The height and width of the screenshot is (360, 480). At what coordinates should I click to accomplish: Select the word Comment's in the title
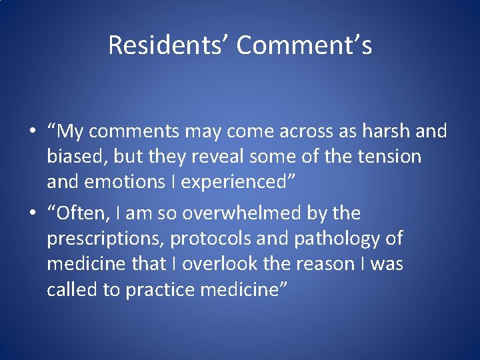point(304,45)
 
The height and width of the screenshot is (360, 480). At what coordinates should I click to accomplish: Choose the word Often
point(82,213)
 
